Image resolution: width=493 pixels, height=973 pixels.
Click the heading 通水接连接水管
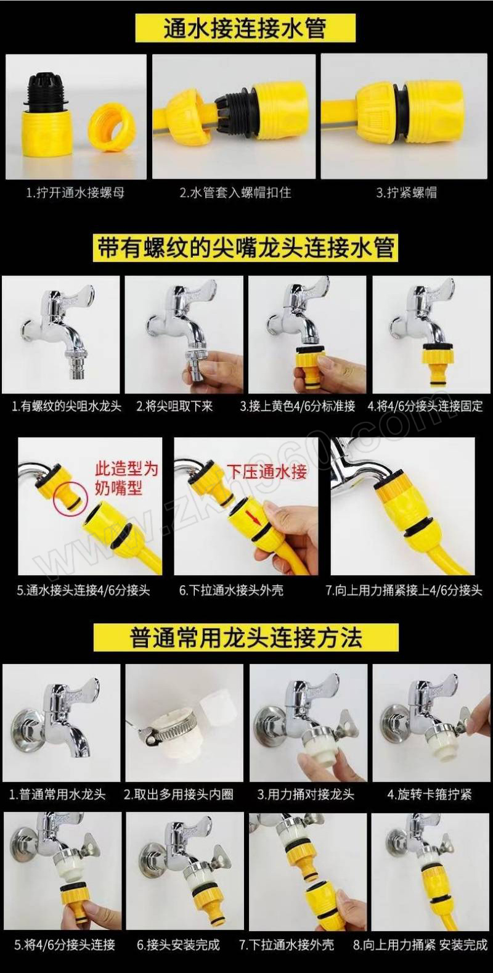pos(245,28)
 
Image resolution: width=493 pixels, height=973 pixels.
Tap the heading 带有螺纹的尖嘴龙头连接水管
pos(246,248)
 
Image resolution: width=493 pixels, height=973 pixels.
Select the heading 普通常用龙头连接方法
pos(246,637)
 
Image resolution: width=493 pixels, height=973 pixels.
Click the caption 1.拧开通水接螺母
pos(75,192)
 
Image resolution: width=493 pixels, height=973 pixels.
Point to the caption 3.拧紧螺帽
pos(406,192)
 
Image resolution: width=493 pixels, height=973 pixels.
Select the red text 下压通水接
pos(267,472)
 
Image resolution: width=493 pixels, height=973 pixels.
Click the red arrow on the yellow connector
pos(253,517)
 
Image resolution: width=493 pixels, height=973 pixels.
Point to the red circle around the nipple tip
pos(70,499)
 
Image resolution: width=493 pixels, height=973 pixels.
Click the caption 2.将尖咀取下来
pos(174,406)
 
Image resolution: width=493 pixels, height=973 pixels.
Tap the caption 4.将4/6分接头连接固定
pos(425,406)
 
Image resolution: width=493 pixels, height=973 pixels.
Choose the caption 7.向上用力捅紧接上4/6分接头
pos(404,590)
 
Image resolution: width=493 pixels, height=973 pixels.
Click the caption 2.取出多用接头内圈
pos(178,794)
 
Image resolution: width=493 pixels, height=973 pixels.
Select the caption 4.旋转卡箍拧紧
pos(430,794)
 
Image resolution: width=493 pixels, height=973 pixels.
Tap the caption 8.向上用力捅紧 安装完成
pos(420,945)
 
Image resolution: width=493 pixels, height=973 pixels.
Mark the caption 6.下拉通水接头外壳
pos(231,590)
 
